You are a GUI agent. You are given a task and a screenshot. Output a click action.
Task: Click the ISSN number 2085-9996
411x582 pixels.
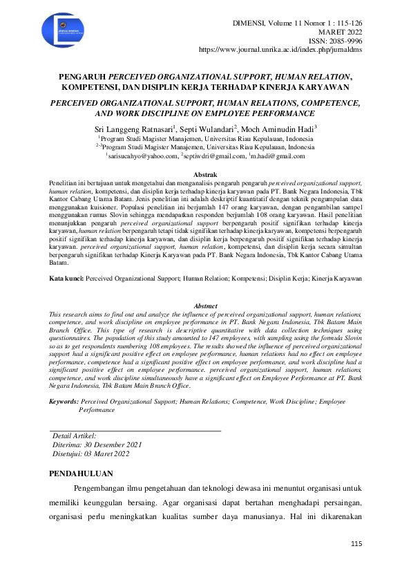point(344,41)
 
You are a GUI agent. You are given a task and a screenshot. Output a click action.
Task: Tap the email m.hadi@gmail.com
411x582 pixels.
point(281,156)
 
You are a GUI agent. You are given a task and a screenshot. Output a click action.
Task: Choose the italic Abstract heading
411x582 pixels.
point(205,306)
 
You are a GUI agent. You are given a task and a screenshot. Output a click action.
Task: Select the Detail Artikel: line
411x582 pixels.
point(75,436)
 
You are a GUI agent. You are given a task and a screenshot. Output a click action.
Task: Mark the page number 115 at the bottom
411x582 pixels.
point(356,545)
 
